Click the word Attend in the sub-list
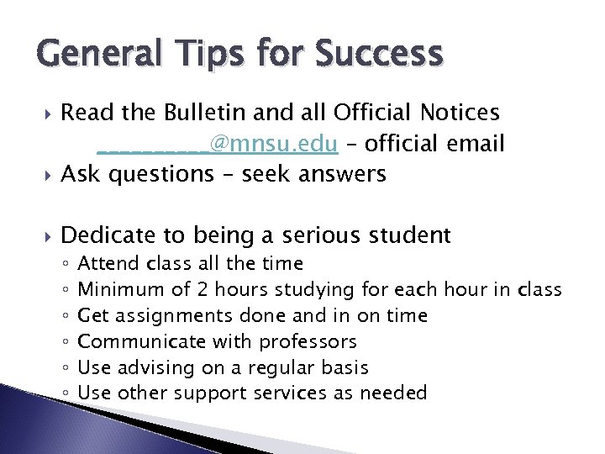click(x=115, y=264)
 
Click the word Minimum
click(x=122, y=290)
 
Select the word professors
click(x=308, y=342)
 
